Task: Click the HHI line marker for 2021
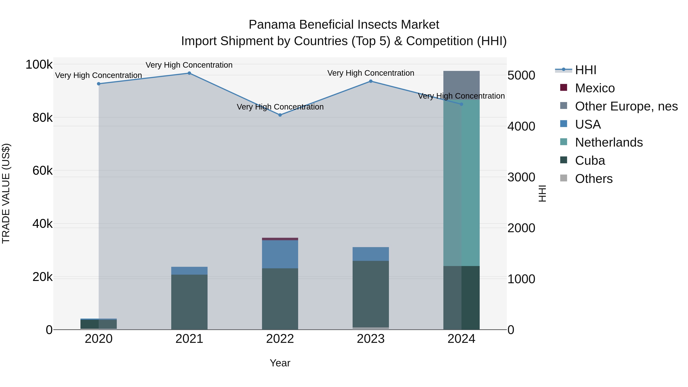point(189,73)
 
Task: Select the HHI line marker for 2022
point(280,115)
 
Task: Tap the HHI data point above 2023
point(371,81)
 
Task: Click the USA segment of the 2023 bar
point(371,254)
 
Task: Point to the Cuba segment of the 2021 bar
point(189,302)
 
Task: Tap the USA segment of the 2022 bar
point(280,254)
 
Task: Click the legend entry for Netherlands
point(609,142)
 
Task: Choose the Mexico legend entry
point(595,88)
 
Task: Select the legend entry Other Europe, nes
point(626,106)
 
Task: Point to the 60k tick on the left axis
point(42,171)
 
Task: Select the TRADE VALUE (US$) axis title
point(6,193)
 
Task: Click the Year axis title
point(280,363)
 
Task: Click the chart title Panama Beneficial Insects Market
point(344,25)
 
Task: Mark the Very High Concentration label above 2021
point(189,65)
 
